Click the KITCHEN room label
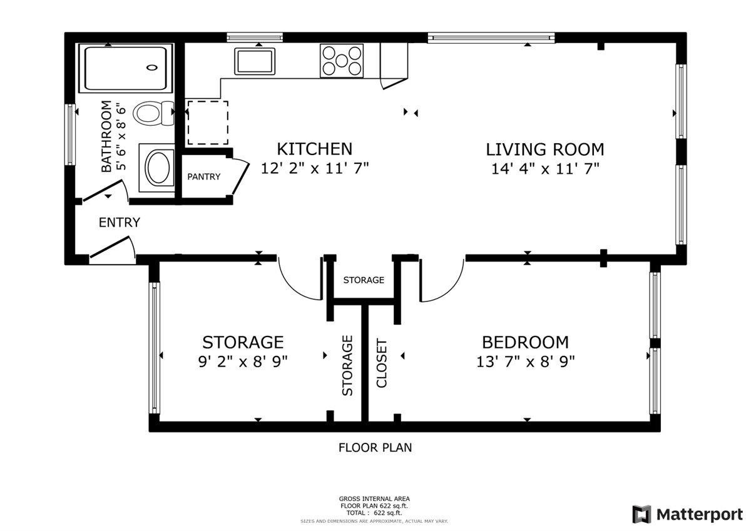tap(314, 149)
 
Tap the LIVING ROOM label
tap(545, 149)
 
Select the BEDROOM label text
tap(525, 342)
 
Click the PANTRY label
tap(204, 176)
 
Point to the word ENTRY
tap(120, 223)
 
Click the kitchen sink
tap(255, 61)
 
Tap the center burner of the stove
tap(342, 61)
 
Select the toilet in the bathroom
tap(154, 113)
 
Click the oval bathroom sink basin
tap(158, 168)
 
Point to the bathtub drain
tap(152, 68)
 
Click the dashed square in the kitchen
tap(208, 123)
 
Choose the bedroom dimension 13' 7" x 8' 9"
tap(526, 362)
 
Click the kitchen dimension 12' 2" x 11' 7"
tap(315, 168)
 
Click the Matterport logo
tap(687, 514)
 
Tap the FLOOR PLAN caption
tap(375, 448)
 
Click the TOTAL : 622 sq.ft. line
tap(374, 513)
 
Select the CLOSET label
tap(382, 363)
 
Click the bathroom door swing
tap(125, 190)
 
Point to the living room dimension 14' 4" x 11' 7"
tap(545, 169)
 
